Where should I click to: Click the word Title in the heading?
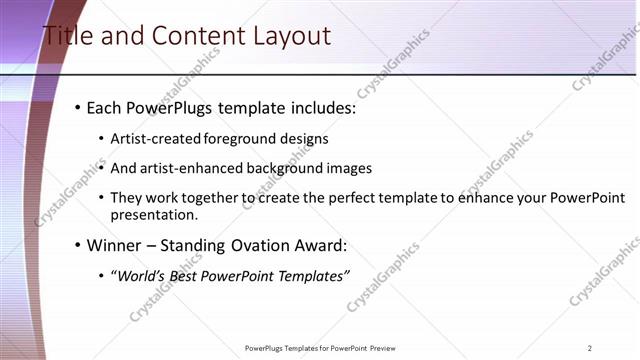coord(66,37)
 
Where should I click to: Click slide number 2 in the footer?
coord(590,348)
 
